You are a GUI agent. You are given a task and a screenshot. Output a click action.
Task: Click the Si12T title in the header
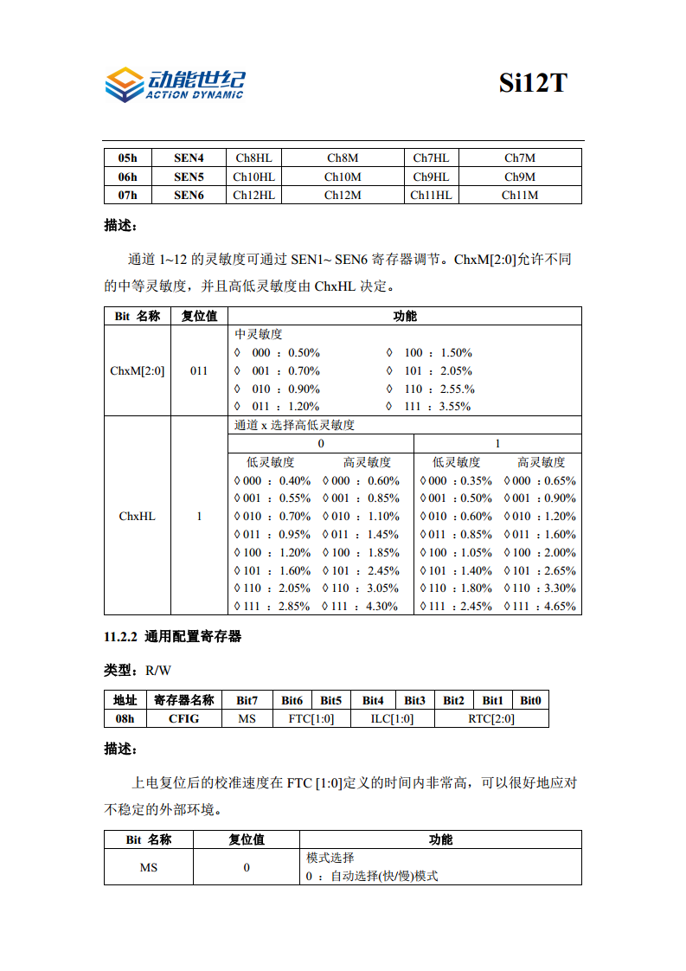tap(533, 83)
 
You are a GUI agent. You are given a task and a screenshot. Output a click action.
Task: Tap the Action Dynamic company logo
tap(174, 84)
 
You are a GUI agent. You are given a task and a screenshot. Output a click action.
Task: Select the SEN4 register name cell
tap(189, 158)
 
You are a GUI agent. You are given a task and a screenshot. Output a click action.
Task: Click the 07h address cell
tap(127, 196)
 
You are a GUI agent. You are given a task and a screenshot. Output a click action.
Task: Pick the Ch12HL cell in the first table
tap(253, 196)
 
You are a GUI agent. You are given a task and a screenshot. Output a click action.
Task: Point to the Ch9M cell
tap(519, 177)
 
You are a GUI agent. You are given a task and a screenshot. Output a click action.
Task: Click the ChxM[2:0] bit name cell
tap(138, 370)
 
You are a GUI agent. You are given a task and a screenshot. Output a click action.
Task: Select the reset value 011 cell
tap(199, 370)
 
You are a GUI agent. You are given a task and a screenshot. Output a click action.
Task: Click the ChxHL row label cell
tap(138, 516)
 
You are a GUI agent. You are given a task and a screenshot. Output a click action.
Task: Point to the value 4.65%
tap(560, 606)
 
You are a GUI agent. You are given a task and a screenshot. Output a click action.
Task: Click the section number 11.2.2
tap(121, 637)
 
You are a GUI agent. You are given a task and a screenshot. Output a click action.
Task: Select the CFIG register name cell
tap(183, 718)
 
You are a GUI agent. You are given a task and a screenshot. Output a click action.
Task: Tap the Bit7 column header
tap(247, 700)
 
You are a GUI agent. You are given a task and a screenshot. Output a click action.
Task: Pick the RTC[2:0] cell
tap(490, 718)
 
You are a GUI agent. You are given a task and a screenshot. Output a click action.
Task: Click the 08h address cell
tap(125, 718)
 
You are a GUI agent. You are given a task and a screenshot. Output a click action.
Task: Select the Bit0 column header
tap(530, 700)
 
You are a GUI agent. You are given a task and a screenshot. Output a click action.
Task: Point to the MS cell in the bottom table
tap(149, 867)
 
